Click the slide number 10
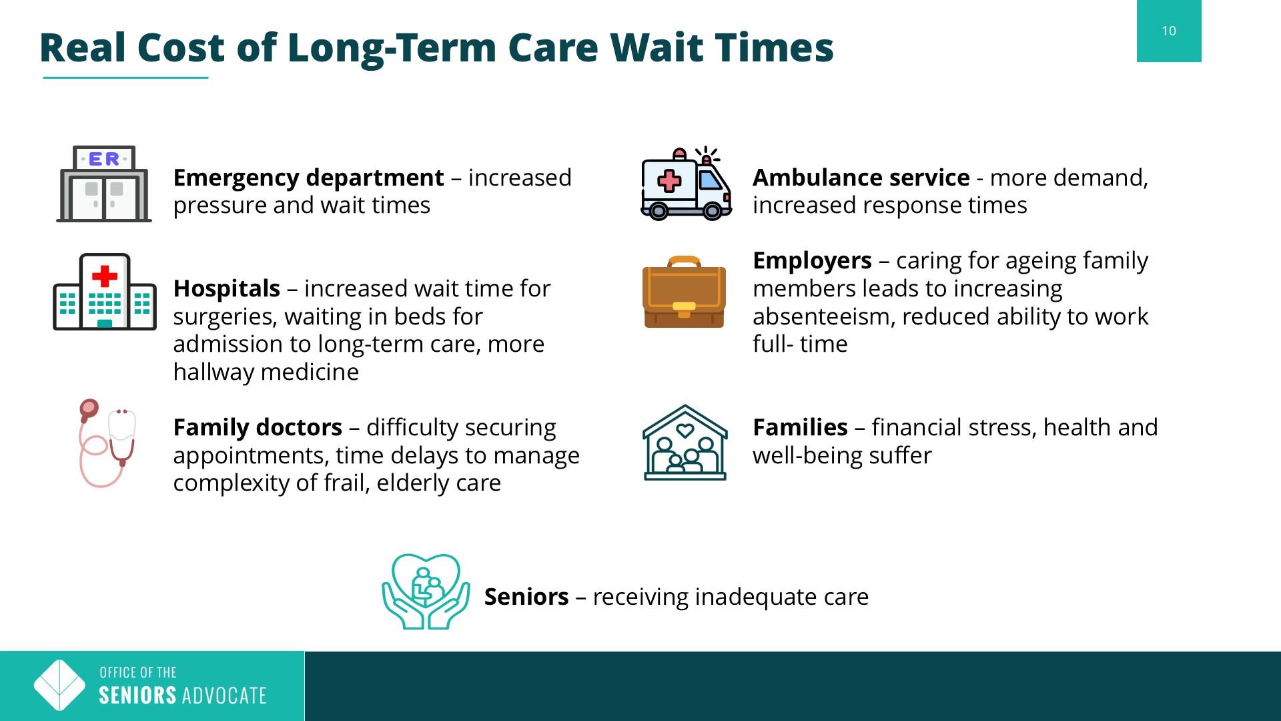pos(1169,31)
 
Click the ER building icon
pos(104,184)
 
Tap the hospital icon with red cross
pos(105,292)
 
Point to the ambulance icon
pos(686,184)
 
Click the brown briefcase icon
pos(685,292)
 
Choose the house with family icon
pos(685,443)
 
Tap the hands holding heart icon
pos(426,591)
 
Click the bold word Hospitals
pos(227,288)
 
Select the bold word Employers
pos(812,260)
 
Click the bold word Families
pos(800,427)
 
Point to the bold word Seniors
pos(526,597)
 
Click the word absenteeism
pos(823,316)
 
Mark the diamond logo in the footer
pos(59,686)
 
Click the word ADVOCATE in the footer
pos(224,696)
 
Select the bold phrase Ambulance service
pos(861,178)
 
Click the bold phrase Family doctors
pos(258,427)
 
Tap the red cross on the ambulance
pos(669,180)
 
